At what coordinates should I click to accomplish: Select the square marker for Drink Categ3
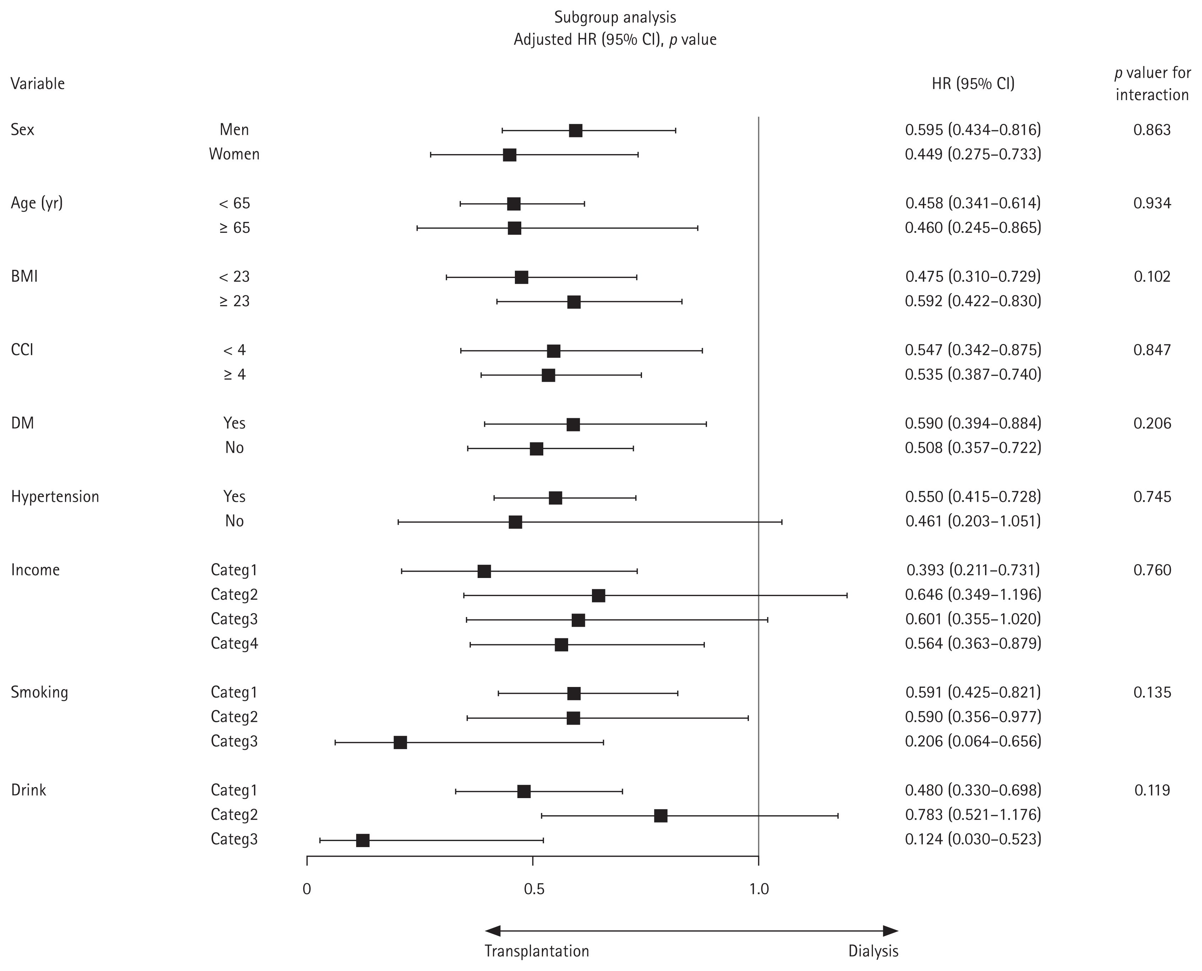(x=363, y=840)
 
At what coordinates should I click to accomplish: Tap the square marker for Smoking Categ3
(x=400, y=742)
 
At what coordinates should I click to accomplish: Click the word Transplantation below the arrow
(x=537, y=951)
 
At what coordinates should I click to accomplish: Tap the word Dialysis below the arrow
(x=873, y=951)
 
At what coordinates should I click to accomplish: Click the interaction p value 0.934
(x=1152, y=203)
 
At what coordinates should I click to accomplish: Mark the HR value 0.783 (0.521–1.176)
(x=973, y=814)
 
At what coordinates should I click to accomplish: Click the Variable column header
(x=38, y=84)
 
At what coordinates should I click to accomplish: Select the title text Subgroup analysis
(x=615, y=17)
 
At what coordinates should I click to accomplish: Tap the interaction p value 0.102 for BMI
(x=1152, y=276)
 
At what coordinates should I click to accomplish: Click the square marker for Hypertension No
(x=515, y=522)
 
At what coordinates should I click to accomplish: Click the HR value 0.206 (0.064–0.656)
(x=973, y=741)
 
